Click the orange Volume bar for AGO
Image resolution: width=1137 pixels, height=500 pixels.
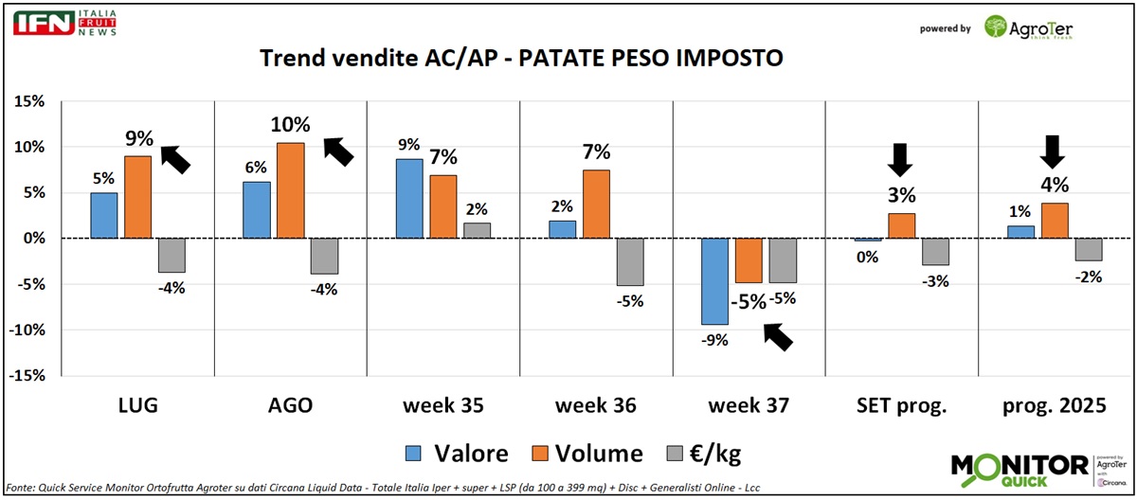(x=290, y=190)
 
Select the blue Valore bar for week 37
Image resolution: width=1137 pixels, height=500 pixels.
(x=714, y=281)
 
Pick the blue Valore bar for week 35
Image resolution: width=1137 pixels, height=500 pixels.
(x=409, y=199)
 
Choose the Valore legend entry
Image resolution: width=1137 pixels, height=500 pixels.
(x=457, y=454)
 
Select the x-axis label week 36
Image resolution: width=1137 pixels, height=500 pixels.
(x=595, y=405)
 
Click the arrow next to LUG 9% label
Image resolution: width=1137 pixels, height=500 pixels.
(x=175, y=158)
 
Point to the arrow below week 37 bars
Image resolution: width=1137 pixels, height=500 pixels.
(x=779, y=336)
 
